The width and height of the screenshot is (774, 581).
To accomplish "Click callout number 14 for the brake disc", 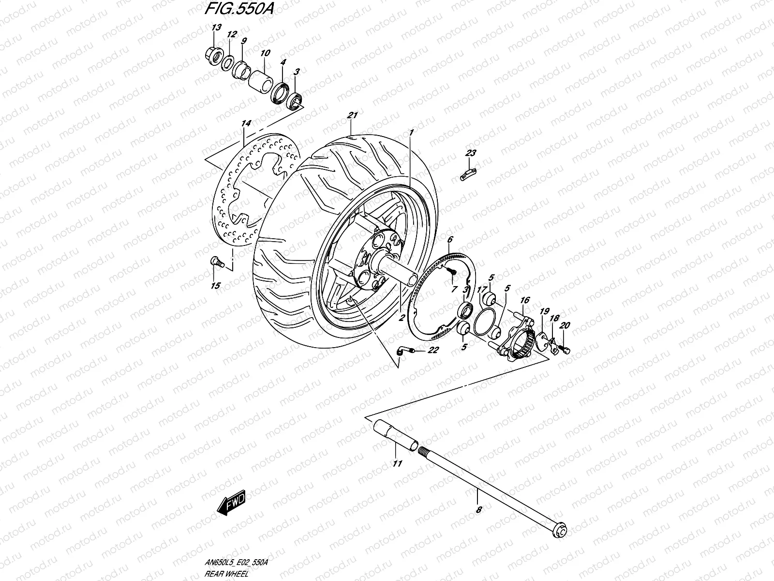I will (x=245, y=124).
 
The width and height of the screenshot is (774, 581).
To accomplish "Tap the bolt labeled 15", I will (x=216, y=262).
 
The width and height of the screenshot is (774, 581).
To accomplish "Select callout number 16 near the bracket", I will (x=525, y=301).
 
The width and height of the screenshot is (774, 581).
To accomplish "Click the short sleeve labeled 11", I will (x=395, y=435).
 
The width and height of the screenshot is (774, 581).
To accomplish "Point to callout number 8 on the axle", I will (x=478, y=509).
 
